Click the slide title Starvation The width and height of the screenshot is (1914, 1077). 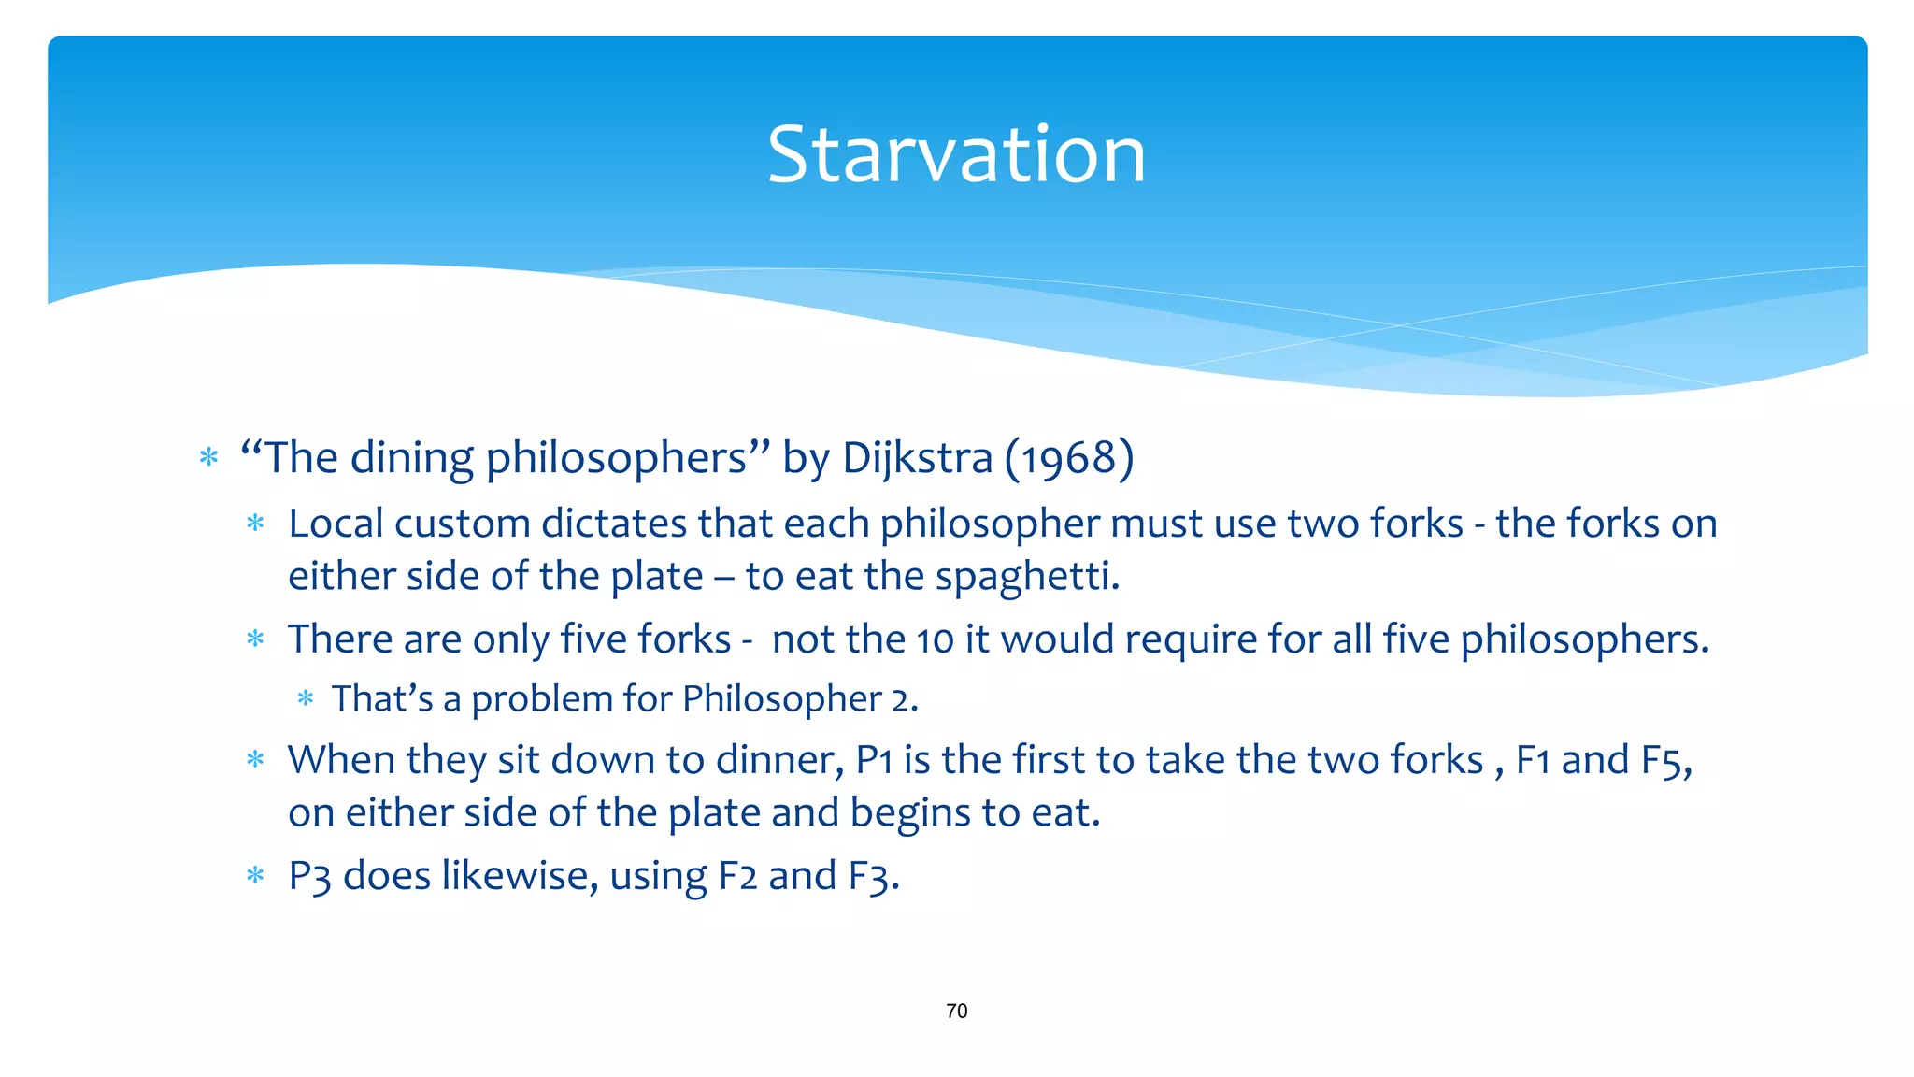(956, 154)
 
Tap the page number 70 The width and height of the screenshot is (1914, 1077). (956, 1011)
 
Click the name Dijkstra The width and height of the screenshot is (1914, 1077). (917, 458)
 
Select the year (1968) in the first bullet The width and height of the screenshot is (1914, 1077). (1069, 458)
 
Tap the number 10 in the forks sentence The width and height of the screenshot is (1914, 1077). (935, 640)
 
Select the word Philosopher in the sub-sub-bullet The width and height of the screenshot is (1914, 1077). (782, 699)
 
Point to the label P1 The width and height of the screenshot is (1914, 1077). (874, 760)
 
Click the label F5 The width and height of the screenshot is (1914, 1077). (1665, 760)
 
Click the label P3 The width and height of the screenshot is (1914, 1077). (309, 877)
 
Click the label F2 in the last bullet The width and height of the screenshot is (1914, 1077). (737, 877)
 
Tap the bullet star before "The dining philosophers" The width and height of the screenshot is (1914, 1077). (208, 458)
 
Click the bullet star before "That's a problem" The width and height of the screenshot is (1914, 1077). (305, 698)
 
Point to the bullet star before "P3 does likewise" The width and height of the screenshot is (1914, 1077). (255, 876)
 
